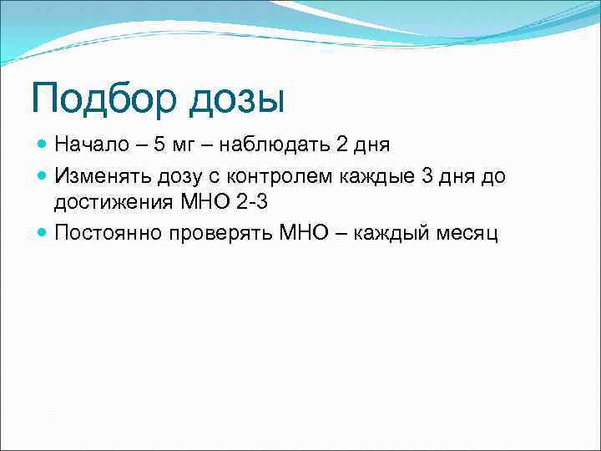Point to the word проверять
tap(221, 233)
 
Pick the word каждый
tap(393, 233)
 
